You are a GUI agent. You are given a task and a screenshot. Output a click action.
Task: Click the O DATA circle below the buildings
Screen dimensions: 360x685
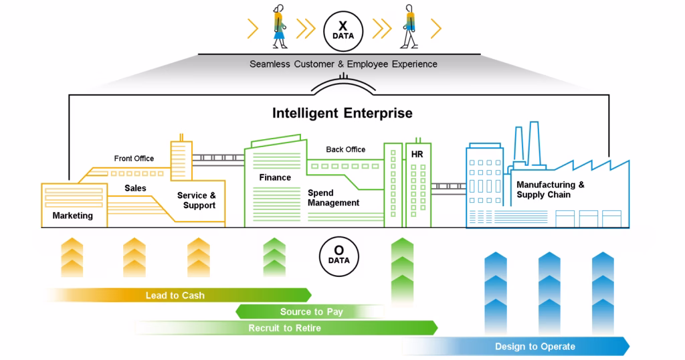pyautogui.click(x=343, y=255)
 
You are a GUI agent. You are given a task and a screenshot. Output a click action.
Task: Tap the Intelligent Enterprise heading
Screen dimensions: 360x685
pyautogui.click(x=342, y=113)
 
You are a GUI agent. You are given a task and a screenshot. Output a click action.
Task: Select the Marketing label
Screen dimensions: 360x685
pyautogui.click(x=72, y=215)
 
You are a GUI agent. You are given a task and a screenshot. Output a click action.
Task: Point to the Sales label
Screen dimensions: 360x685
pyautogui.click(x=135, y=188)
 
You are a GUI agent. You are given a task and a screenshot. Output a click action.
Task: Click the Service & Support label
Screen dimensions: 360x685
pyautogui.click(x=196, y=201)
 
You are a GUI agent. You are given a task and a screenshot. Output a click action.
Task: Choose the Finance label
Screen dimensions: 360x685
pyautogui.click(x=275, y=177)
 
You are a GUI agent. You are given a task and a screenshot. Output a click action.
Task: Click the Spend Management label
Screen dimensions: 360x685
pyautogui.click(x=333, y=197)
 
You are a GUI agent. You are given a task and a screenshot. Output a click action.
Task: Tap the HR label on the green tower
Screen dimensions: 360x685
pyautogui.click(x=417, y=155)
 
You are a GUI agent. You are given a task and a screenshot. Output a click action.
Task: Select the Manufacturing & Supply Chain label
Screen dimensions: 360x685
pyautogui.click(x=550, y=189)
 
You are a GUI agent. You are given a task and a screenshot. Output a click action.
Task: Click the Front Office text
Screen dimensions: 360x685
pyautogui.click(x=134, y=159)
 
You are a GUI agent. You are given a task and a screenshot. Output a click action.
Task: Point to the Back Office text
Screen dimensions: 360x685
pyautogui.click(x=345, y=149)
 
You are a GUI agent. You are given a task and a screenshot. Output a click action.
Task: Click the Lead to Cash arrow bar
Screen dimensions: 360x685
pyautogui.click(x=175, y=295)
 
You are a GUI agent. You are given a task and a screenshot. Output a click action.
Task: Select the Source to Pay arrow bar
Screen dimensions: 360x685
pyautogui.click(x=311, y=312)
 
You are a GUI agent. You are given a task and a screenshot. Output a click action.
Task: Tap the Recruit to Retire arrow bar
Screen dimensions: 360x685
pyautogui.click(x=284, y=328)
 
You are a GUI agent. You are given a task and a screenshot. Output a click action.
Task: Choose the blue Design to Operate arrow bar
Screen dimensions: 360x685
pyautogui.click(x=534, y=346)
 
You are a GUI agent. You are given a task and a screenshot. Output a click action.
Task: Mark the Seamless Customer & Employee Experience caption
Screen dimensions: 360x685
pyautogui.click(x=343, y=64)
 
